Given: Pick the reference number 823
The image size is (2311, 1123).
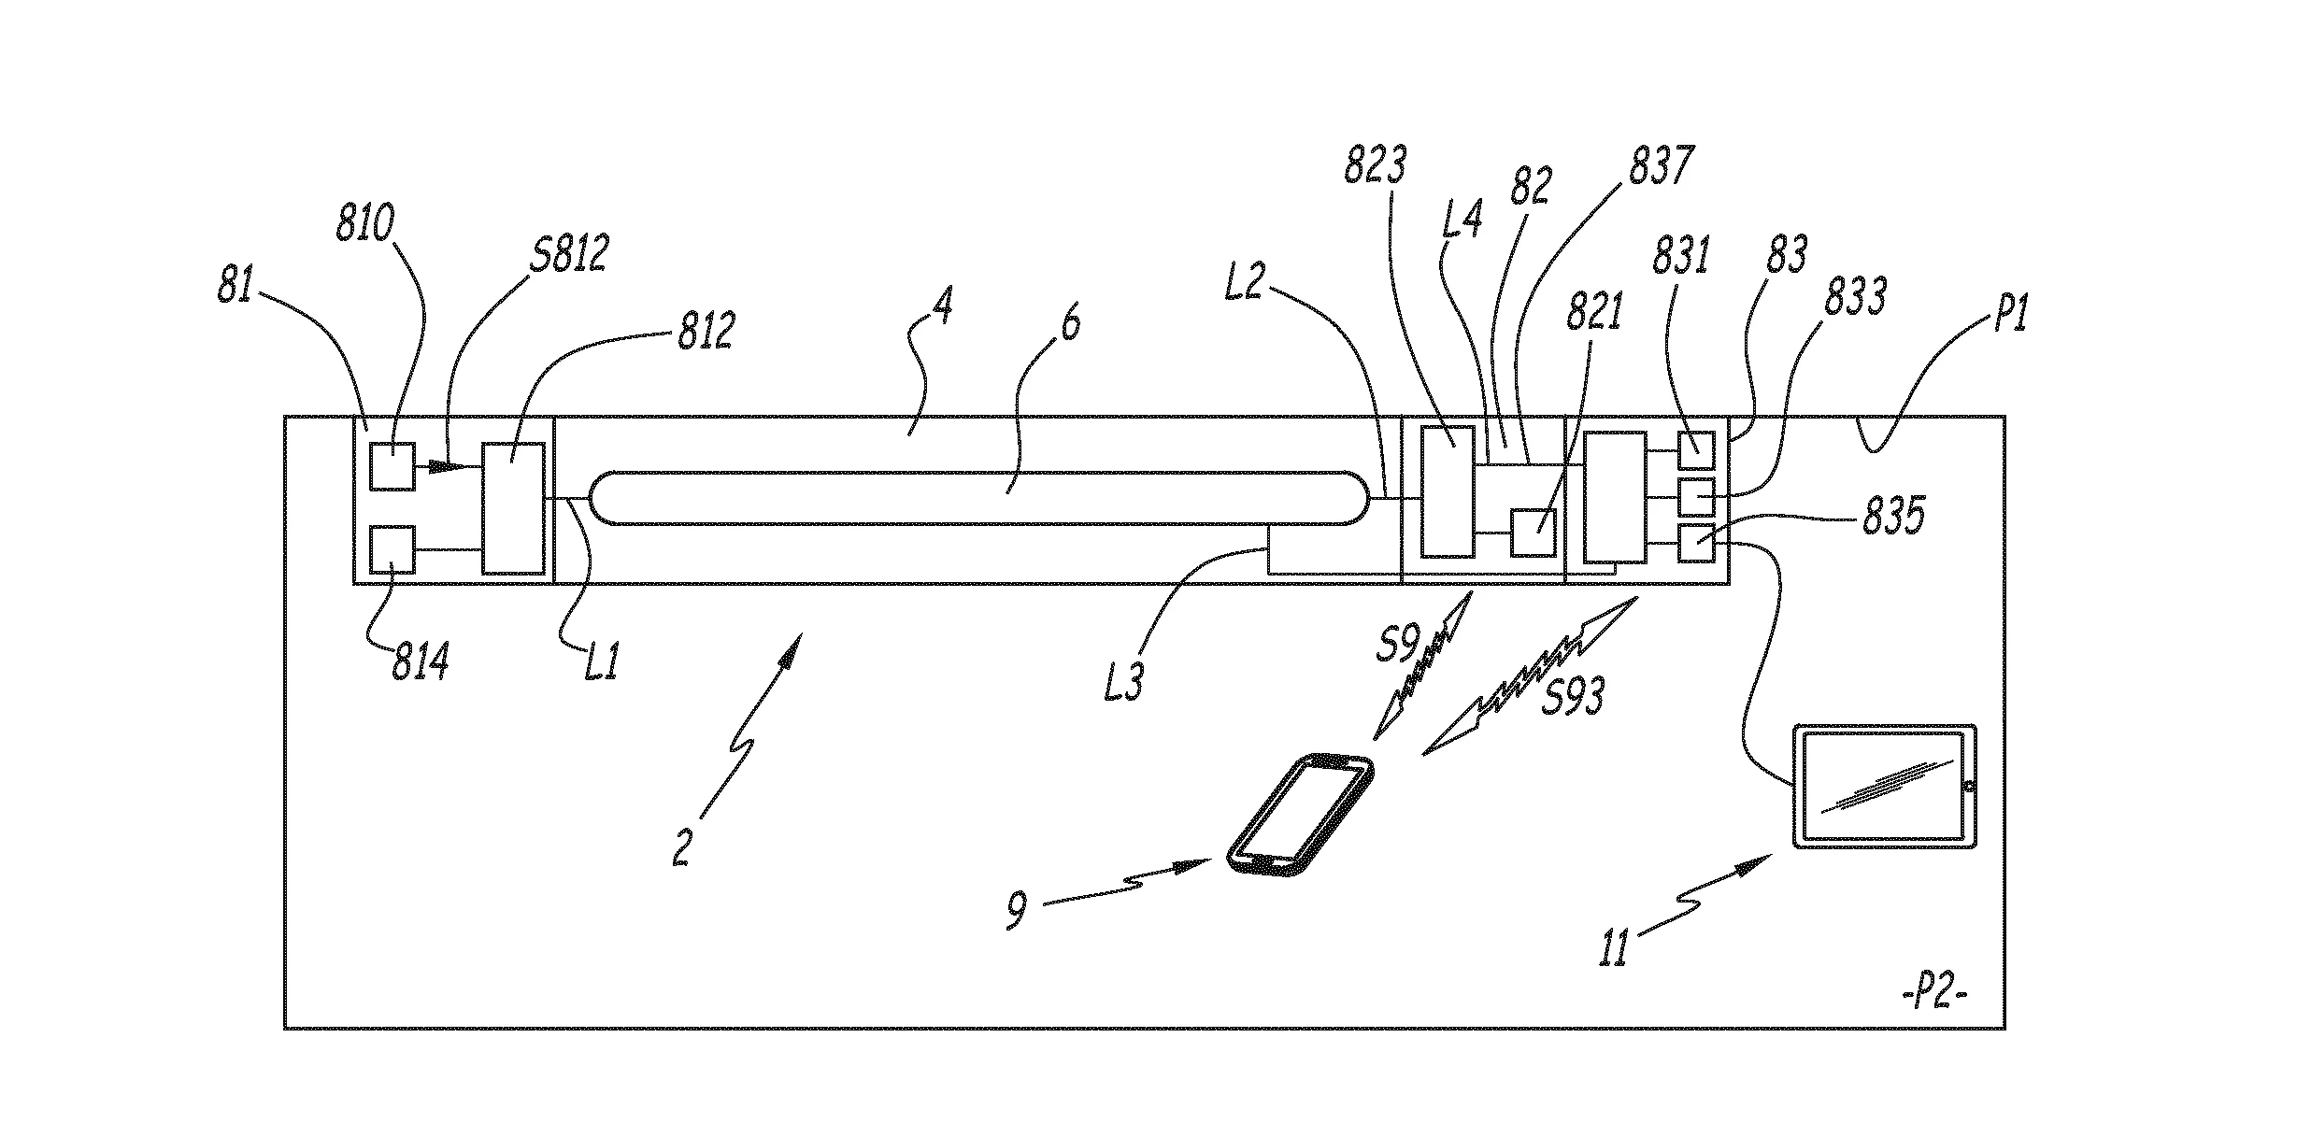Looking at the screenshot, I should coord(1375,165).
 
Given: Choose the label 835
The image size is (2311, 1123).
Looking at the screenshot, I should coord(1892,517).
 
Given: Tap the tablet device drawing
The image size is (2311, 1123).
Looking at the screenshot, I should coord(1884,786).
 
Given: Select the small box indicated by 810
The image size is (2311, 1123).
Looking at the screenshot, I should coord(392,465).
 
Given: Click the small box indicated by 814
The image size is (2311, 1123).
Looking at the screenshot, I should coord(392,549).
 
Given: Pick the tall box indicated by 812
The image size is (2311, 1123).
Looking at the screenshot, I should coord(513,508).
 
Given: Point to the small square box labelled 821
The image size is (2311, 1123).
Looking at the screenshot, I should coord(1534,533).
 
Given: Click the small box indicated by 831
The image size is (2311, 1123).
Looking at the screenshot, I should coord(1696,449).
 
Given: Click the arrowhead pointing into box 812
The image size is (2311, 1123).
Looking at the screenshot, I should coord(462,465).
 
